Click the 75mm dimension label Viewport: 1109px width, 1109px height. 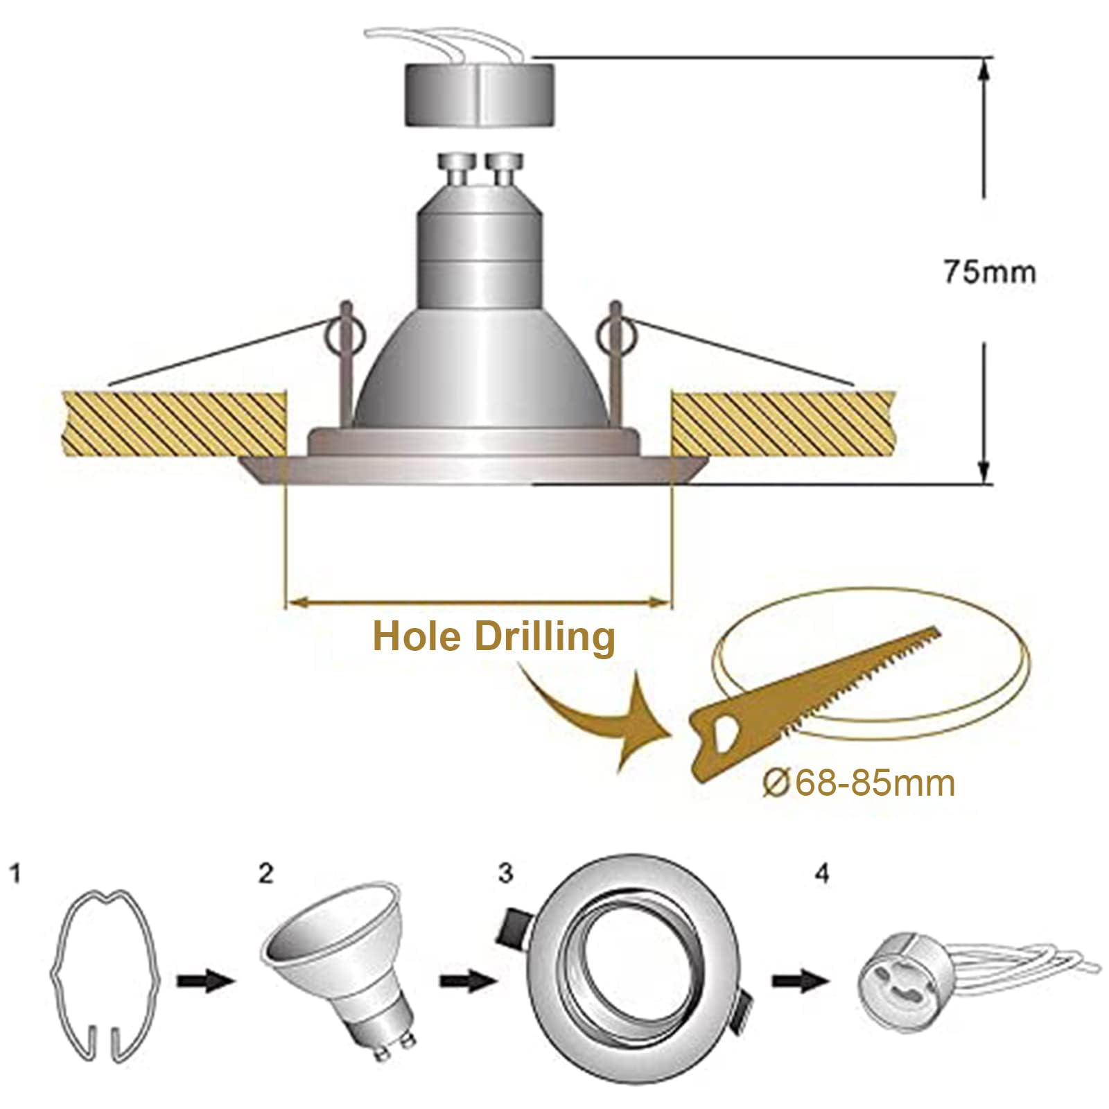988,272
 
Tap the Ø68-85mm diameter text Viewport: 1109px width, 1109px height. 859,783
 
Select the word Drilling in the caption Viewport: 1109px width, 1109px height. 545,638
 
